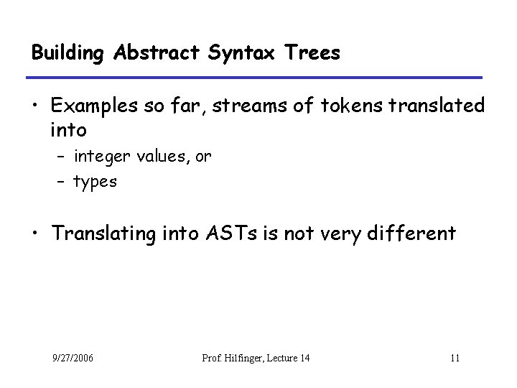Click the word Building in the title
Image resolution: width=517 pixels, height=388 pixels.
click(x=68, y=53)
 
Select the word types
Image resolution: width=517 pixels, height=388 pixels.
click(x=95, y=182)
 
